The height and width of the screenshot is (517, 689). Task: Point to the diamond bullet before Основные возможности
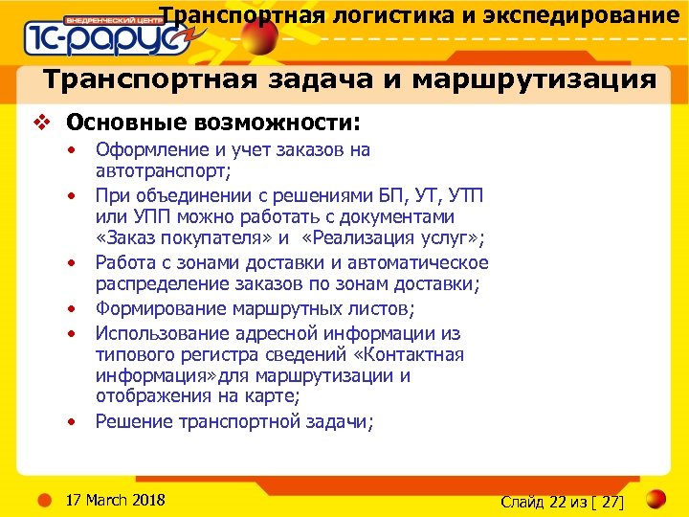point(40,123)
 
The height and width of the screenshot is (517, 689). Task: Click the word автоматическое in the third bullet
point(420,262)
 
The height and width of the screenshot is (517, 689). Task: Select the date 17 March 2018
point(114,500)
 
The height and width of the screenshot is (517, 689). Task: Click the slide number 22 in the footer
point(559,501)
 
